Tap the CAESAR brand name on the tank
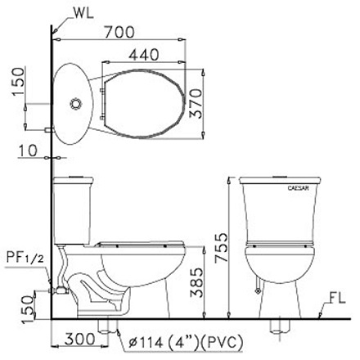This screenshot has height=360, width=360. point(296,188)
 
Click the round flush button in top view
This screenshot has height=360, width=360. point(74,106)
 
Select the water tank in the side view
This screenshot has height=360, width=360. point(74,209)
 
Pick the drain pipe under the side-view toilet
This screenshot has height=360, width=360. point(106,326)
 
